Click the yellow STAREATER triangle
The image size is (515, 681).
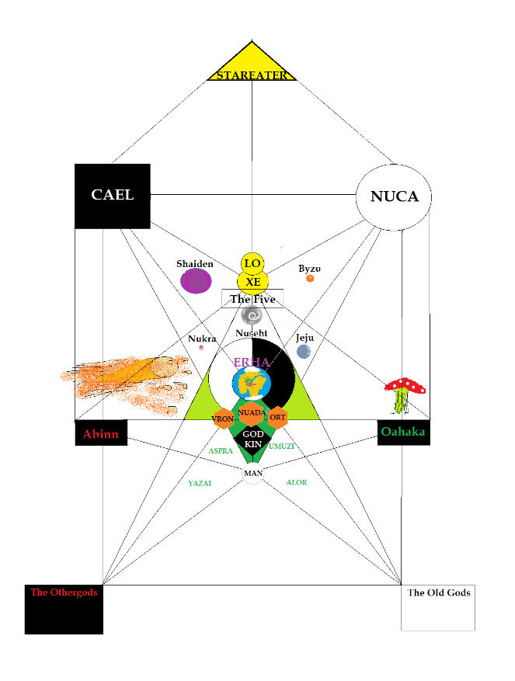[252, 66]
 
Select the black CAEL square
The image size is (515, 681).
[112, 196]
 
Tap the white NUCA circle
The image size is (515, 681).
[394, 196]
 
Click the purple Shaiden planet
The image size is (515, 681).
[196, 280]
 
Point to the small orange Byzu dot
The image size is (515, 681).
[310, 278]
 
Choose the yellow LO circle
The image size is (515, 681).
[252, 264]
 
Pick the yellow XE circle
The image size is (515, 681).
[252, 282]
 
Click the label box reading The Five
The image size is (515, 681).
[252, 298]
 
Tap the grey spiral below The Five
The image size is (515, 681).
[252, 315]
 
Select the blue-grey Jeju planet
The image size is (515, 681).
[304, 352]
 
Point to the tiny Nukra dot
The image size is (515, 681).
[201, 348]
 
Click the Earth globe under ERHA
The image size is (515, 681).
[251, 384]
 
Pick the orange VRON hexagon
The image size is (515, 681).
[223, 419]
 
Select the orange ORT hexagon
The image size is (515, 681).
[277, 417]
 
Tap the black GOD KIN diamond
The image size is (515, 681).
[252, 440]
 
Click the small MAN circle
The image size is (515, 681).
[252, 473]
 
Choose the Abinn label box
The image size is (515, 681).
[101, 433]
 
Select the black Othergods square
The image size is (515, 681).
[64, 610]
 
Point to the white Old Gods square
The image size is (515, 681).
[437, 608]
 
